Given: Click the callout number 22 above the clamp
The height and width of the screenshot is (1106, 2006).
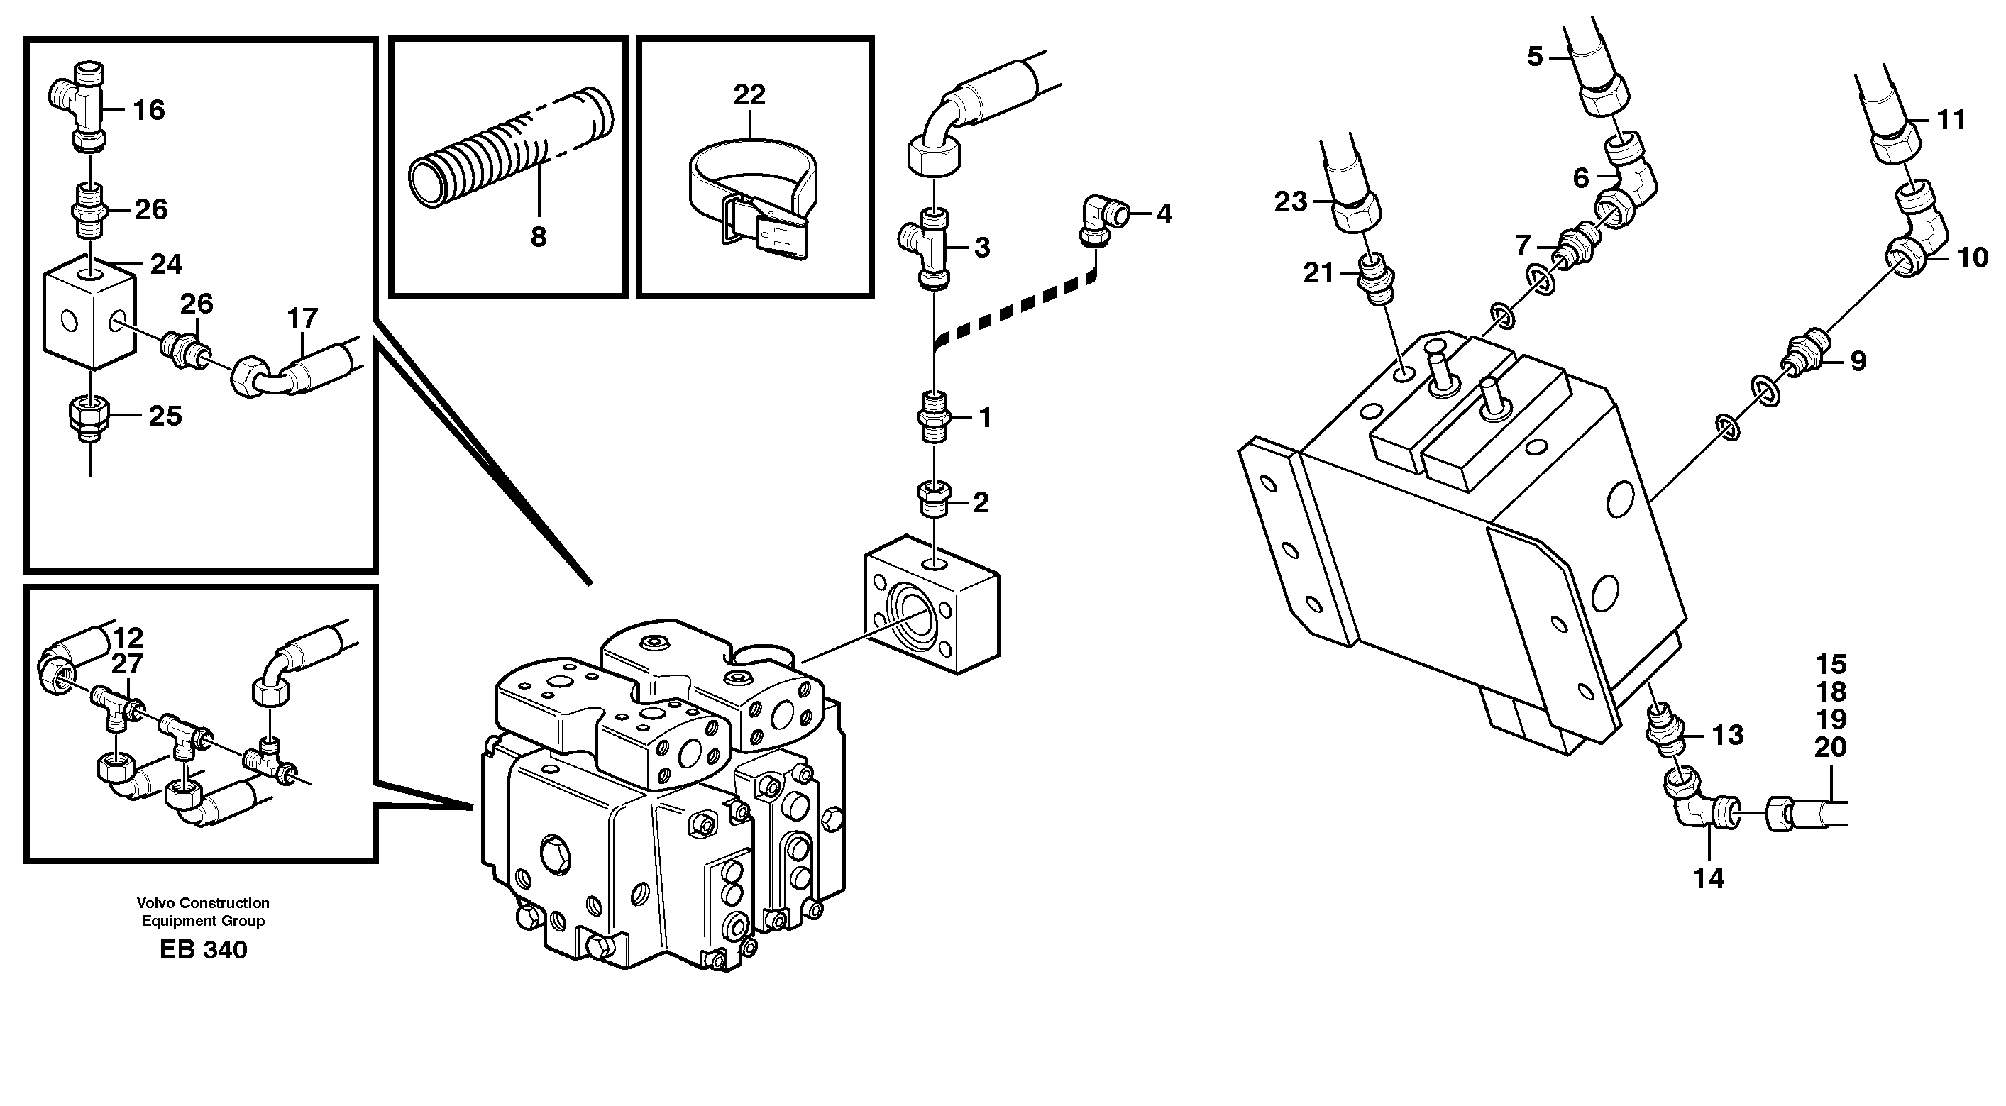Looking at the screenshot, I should click(749, 95).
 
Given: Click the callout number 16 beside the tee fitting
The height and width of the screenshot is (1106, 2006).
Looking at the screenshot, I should click(149, 110).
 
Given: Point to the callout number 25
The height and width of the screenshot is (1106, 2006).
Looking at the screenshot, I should click(165, 416).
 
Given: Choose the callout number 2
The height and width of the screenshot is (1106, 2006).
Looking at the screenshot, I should click(981, 502).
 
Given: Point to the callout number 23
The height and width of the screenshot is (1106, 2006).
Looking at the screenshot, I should click(1290, 202).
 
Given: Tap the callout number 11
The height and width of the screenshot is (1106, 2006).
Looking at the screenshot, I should click(1951, 120).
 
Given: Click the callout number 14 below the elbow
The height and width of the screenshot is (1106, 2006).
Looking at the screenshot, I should click(1709, 880).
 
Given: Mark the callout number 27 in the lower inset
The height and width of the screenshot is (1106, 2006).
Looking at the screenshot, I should click(127, 664).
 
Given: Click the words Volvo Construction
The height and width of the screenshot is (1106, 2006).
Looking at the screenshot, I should click(203, 903).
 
